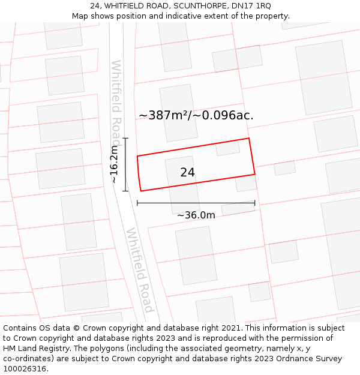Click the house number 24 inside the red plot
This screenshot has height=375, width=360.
click(x=187, y=172)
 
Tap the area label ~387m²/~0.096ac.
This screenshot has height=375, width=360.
click(x=196, y=115)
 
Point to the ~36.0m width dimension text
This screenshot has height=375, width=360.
click(x=196, y=215)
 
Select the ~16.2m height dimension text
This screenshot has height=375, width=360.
click(x=114, y=164)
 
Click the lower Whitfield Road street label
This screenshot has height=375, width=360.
click(x=140, y=270)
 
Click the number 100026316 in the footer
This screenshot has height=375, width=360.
click(x=25, y=369)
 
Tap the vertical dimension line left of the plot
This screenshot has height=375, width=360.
click(x=125, y=164)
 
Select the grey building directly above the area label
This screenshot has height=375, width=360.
click(x=178, y=102)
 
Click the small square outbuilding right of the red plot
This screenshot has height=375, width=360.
click(x=284, y=168)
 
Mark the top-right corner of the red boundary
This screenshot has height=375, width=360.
click(x=248, y=139)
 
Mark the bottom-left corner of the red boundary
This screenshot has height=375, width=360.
click(x=141, y=191)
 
